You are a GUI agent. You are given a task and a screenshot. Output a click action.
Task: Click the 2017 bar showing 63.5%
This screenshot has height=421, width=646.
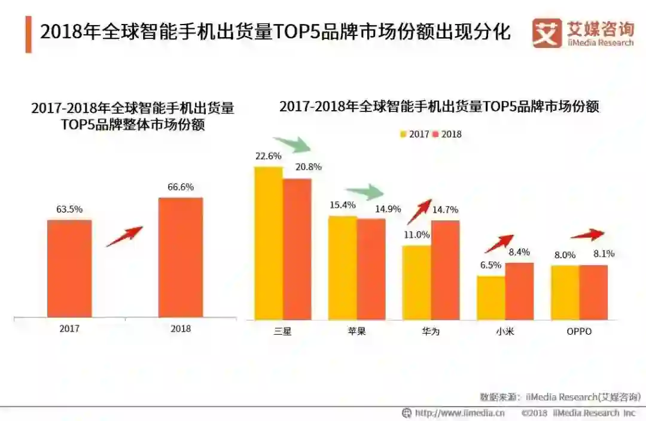point(69,268)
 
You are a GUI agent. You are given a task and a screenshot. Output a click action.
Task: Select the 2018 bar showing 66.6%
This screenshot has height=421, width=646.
point(181,257)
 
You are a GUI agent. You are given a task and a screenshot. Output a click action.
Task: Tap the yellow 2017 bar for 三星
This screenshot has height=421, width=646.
point(269,243)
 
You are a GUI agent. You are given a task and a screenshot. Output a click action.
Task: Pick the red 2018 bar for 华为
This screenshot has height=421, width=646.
point(446,270)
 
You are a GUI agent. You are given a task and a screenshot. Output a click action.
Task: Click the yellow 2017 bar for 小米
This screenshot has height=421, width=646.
point(491,298)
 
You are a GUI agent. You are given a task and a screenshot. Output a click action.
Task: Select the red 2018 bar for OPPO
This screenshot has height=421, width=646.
point(593,292)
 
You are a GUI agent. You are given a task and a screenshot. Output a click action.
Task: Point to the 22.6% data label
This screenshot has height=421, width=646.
point(268,156)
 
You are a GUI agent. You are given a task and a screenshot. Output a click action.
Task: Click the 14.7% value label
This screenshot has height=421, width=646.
point(446,210)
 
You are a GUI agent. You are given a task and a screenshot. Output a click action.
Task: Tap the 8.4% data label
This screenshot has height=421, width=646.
point(519,252)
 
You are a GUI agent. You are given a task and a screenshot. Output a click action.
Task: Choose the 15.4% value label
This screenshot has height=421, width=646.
point(342,205)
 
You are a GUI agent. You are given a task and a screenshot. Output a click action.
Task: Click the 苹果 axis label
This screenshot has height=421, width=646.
point(356,331)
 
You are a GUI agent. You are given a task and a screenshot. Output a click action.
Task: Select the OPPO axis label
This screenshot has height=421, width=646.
point(578,331)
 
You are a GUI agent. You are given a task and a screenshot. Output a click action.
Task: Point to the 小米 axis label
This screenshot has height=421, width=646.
point(504,331)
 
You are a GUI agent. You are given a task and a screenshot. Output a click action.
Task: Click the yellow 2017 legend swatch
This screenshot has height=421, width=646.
point(404,134)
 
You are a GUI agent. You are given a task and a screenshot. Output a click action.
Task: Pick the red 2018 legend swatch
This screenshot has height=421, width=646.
point(436,134)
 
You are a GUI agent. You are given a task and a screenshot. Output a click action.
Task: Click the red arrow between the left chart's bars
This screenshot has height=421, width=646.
point(124,236)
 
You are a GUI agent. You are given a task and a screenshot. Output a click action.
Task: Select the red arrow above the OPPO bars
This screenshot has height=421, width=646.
point(589,235)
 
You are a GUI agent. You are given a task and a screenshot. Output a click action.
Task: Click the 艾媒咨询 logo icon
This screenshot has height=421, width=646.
point(547,33)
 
